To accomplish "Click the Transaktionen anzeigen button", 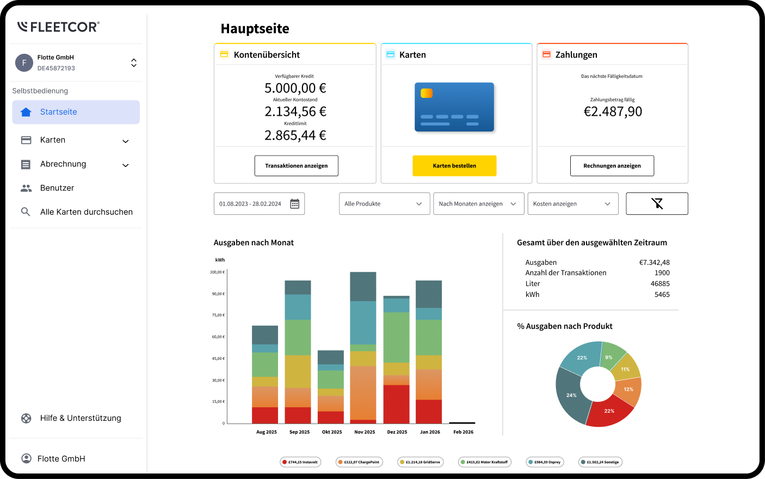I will click(296, 166).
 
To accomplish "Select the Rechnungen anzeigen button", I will click(612, 166).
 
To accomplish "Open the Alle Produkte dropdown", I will click(384, 204).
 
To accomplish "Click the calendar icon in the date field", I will click(294, 204).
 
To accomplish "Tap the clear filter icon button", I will click(657, 204).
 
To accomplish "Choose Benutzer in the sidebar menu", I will click(57, 188).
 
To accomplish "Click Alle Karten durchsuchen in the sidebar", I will click(86, 212).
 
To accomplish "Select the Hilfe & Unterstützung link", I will click(80, 418).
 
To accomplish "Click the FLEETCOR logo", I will click(58, 27).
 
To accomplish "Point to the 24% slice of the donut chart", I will click(570, 396).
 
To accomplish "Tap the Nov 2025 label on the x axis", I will click(365, 432).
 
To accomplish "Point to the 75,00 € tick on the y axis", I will click(218, 315).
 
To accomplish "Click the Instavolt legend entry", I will click(300, 462).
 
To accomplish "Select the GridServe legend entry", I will click(420, 462).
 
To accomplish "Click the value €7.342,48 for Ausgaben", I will click(654, 263).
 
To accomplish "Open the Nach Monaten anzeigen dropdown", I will click(478, 204).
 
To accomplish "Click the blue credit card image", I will click(454, 107).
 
